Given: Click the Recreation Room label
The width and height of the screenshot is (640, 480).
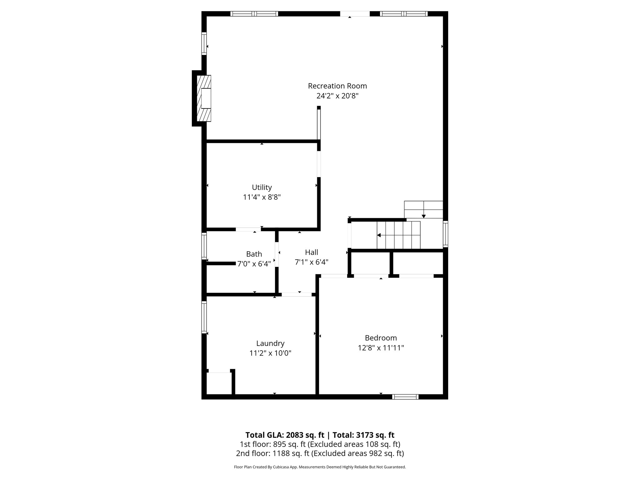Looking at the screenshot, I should click(337, 86).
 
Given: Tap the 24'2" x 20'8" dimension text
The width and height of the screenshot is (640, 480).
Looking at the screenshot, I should click(337, 96).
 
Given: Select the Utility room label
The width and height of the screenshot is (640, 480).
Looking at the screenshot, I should click(262, 187).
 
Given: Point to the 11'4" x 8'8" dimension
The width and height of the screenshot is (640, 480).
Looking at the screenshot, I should click(262, 197).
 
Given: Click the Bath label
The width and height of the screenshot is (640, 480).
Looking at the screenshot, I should click(254, 254).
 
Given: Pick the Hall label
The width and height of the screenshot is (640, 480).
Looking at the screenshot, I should click(311, 252).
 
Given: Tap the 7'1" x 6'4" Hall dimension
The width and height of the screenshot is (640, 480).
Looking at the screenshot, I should click(311, 262).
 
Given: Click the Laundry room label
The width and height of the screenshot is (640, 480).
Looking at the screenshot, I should click(270, 343).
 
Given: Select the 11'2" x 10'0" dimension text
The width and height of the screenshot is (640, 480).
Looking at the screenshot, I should click(270, 353).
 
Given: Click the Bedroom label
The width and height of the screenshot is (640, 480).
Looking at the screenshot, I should click(381, 338).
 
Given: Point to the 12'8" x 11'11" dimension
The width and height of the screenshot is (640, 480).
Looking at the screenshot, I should click(381, 347).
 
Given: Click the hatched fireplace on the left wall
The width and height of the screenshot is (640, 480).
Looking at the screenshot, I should click(204, 98).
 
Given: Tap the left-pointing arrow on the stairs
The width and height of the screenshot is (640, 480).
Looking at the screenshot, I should click(379, 235).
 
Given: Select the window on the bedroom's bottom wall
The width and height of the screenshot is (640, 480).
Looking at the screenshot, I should click(405, 397).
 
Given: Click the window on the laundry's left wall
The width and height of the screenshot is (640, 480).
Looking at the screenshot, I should click(204, 317).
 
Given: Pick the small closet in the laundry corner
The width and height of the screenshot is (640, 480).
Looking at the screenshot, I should click(219, 383).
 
